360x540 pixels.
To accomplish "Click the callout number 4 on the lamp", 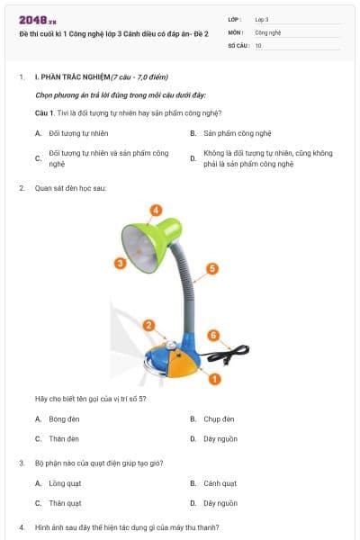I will (156, 210).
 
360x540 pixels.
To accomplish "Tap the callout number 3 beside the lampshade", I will (119, 263).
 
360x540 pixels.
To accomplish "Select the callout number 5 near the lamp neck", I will (211, 268).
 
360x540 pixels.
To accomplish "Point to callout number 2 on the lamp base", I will (149, 325).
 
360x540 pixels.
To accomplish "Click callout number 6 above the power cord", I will (213, 335).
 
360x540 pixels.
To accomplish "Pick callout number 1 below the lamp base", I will (214, 379).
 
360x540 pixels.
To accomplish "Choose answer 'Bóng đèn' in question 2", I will (58, 418).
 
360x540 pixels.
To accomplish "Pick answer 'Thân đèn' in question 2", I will (63, 438).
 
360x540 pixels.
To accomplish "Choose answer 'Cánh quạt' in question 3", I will (220, 483).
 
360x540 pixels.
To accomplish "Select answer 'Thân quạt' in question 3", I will (65, 503).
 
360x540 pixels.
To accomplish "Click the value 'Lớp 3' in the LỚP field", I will (262, 18).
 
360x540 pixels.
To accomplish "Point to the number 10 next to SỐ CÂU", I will (258, 44).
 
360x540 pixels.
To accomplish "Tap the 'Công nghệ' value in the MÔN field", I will (268, 31).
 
